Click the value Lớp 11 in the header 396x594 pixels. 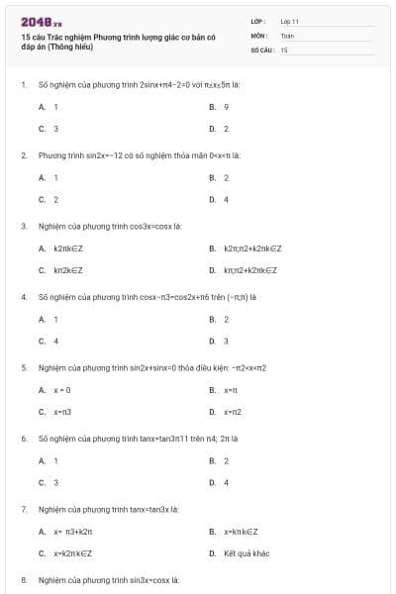(x=289, y=20)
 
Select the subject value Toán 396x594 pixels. (x=287, y=35)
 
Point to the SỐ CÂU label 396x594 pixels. (x=261, y=49)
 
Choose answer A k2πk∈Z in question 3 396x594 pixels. (x=68, y=247)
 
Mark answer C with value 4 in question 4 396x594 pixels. (x=55, y=341)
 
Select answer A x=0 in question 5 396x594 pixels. (x=61, y=389)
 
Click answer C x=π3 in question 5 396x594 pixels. (x=63, y=412)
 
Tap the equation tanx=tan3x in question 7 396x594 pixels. (x=153, y=509)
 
